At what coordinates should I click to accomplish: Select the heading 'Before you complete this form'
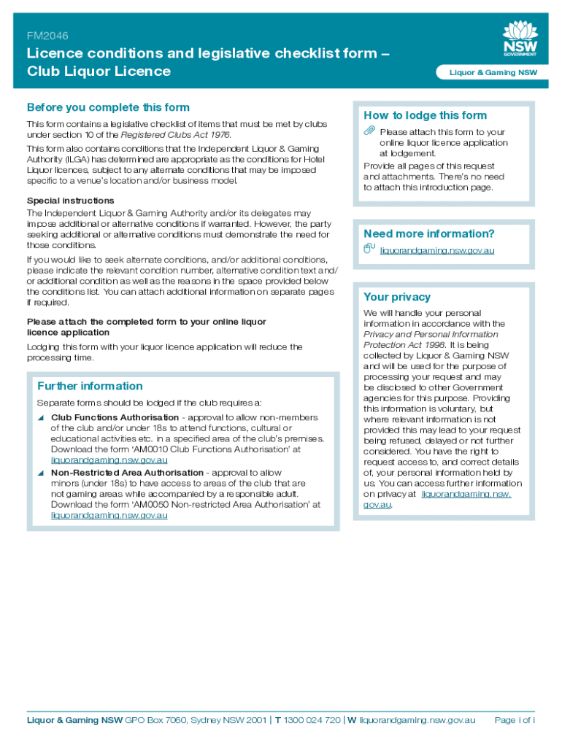point(108,107)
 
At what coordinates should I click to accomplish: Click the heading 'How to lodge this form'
point(425,115)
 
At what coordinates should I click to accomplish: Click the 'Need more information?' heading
point(428,233)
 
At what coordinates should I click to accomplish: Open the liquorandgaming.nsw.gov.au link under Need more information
point(437,250)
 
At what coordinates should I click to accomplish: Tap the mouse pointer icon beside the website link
point(369,249)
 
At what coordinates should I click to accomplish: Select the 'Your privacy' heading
point(397,297)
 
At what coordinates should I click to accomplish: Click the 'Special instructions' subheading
point(70,201)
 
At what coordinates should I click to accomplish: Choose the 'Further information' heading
point(90,386)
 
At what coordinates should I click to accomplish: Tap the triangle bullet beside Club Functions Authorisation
point(42,417)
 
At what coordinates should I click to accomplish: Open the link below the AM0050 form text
point(109,515)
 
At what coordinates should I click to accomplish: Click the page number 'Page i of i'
point(515,720)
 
